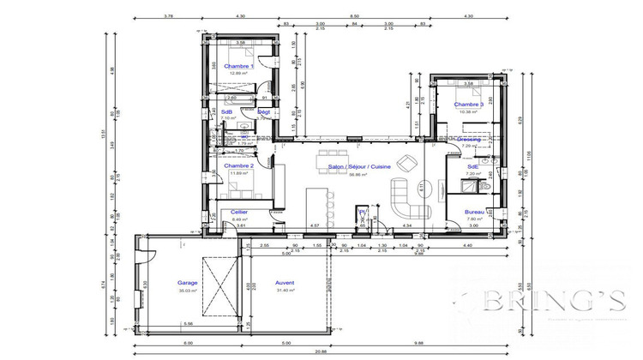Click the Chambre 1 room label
coord(239,66)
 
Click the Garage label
coord(187,282)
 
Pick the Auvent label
coord(285,282)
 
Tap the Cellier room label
coord(239,212)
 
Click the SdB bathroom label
coord(227,111)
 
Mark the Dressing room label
coord(469,139)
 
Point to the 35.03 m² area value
coord(187,291)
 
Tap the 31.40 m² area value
coord(285,291)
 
